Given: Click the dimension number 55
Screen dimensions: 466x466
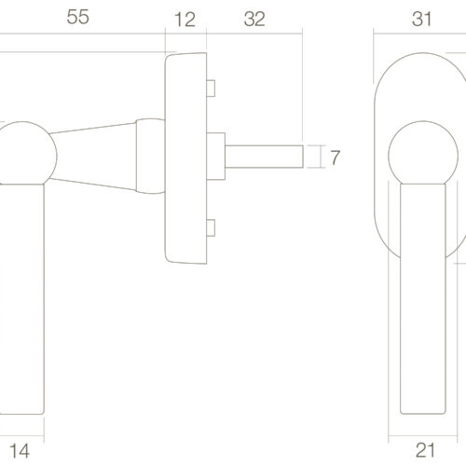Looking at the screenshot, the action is click(78, 17).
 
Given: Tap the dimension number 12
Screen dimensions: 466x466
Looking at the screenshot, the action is click(185, 20).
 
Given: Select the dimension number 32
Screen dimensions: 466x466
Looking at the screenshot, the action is click(254, 20).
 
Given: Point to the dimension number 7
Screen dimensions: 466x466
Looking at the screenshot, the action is click(335, 158).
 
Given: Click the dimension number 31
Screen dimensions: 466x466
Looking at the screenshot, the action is click(422, 19).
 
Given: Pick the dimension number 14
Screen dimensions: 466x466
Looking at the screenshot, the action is click(20, 451).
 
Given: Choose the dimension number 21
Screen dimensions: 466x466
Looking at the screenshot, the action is click(425, 450).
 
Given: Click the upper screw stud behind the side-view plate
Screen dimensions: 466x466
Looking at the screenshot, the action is click(211, 89).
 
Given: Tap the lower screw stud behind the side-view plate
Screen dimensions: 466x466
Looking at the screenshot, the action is click(211, 227).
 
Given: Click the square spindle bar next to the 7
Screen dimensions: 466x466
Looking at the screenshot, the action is click(264, 157).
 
